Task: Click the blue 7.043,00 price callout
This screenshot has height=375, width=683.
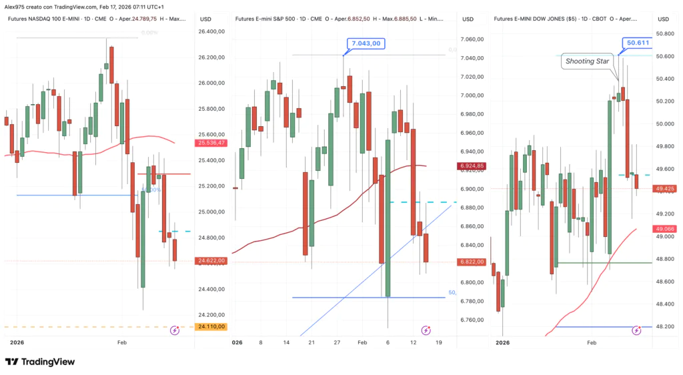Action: (x=366, y=43)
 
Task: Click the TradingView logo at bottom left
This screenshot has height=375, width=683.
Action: (x=40, y=362)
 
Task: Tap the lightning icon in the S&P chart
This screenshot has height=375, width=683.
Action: (x=426, y=330)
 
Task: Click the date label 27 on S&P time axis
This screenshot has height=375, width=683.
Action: (x=338, y=342)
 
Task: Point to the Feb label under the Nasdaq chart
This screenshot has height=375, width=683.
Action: (x=122, y=342)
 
